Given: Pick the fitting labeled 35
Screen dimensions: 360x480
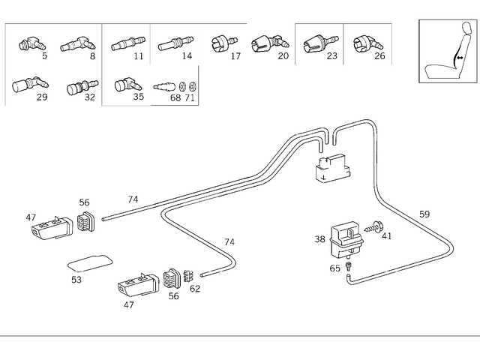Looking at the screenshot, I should coord(125,83).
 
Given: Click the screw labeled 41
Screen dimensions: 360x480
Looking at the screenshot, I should coord(375,225).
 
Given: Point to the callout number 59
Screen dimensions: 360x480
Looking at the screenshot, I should coord(424,214).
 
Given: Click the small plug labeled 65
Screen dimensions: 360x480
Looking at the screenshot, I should coord(349,267).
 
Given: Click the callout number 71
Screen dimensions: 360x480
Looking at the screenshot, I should coord(190,97).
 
